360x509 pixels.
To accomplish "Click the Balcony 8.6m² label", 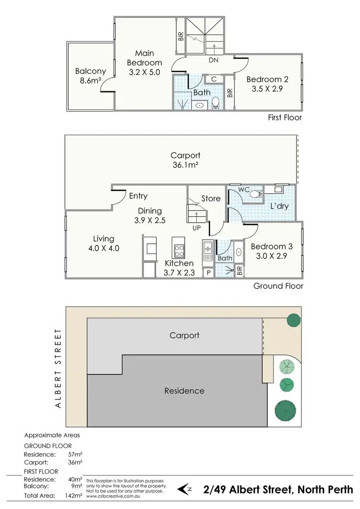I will [x=90, y=76].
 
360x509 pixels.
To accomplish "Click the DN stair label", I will [x=214, y=61].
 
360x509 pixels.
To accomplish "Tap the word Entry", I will [x=138, y=196].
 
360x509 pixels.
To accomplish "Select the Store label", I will [x=211, y=198].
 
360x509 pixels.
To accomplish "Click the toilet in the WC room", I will [x=259, y=194].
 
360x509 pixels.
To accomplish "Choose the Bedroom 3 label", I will [x=271, y=251].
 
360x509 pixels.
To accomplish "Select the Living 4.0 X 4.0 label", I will [x=103, y=243].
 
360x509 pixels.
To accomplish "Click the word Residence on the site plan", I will [x=184, y=391].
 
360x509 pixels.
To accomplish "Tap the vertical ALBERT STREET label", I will [x=60, y=368].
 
